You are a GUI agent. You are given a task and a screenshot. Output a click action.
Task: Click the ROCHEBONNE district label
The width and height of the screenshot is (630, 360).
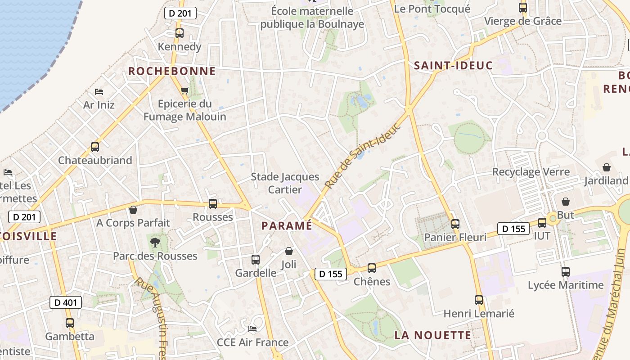172,71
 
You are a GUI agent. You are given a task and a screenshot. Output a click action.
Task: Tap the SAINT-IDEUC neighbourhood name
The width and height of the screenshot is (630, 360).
453,66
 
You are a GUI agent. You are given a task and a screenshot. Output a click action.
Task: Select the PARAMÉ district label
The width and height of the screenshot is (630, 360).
287,225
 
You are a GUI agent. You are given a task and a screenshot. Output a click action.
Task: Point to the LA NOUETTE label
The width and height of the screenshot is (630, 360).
433,335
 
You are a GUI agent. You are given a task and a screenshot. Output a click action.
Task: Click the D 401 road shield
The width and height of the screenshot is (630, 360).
66,302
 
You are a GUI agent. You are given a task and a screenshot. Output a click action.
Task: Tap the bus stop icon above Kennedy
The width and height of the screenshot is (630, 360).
180,33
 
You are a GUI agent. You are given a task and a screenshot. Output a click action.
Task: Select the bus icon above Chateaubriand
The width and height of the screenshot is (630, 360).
95,147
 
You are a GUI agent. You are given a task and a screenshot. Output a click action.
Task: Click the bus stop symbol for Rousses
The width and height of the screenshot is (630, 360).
213,204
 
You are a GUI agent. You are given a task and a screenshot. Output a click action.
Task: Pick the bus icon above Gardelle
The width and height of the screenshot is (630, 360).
256,260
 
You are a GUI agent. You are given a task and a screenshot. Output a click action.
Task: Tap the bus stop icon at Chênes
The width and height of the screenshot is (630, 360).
372,268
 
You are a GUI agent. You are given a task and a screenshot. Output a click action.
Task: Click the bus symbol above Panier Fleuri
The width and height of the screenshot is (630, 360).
455,224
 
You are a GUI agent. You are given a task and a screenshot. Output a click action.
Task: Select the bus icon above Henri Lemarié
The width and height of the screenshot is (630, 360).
479,300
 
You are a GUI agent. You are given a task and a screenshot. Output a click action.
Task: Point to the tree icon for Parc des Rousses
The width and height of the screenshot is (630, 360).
155,243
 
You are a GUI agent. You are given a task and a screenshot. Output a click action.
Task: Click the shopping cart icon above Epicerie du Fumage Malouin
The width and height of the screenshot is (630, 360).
184,91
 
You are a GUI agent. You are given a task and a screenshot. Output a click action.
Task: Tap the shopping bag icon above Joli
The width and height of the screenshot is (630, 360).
289,251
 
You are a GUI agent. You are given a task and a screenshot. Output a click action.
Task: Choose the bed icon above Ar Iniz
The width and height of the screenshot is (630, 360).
99,92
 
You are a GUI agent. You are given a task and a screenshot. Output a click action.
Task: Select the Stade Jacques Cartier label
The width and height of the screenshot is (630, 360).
285,183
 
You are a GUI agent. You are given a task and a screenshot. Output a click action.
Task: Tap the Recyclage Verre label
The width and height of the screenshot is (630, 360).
531,172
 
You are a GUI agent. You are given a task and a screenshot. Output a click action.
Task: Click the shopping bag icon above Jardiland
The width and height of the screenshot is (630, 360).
607,167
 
